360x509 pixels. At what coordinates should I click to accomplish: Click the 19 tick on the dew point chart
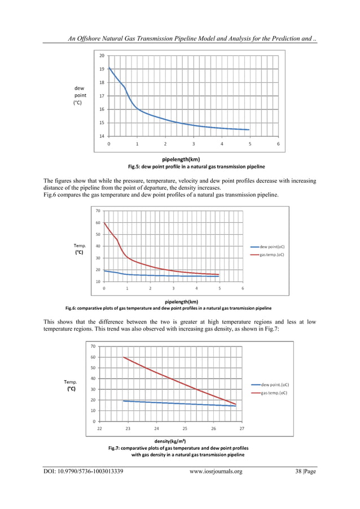[102, 69]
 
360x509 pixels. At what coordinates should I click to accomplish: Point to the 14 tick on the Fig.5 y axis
[102, 136]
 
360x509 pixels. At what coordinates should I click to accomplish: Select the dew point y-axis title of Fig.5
[80, 95]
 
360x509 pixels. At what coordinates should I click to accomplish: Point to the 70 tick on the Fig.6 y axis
[98, 211]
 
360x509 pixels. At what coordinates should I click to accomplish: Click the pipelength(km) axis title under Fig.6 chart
[181, 301]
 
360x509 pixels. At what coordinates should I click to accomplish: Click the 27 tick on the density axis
[242, 429]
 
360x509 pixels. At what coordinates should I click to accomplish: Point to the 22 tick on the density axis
[100, 429]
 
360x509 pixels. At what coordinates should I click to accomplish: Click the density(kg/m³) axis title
[170, 441]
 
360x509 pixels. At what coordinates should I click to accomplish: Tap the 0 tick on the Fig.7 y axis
[93, 421]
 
